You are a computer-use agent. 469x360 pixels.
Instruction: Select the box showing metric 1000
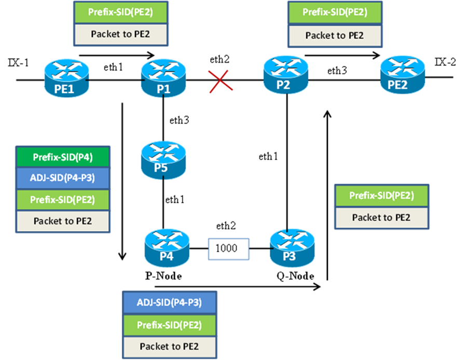229,248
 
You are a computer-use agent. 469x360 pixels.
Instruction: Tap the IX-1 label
18,63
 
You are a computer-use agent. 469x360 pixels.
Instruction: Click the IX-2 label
445,63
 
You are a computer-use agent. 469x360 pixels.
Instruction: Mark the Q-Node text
296,276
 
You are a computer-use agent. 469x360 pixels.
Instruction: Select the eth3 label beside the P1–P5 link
180,121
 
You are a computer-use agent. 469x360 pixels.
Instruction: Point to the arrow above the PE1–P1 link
117,53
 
